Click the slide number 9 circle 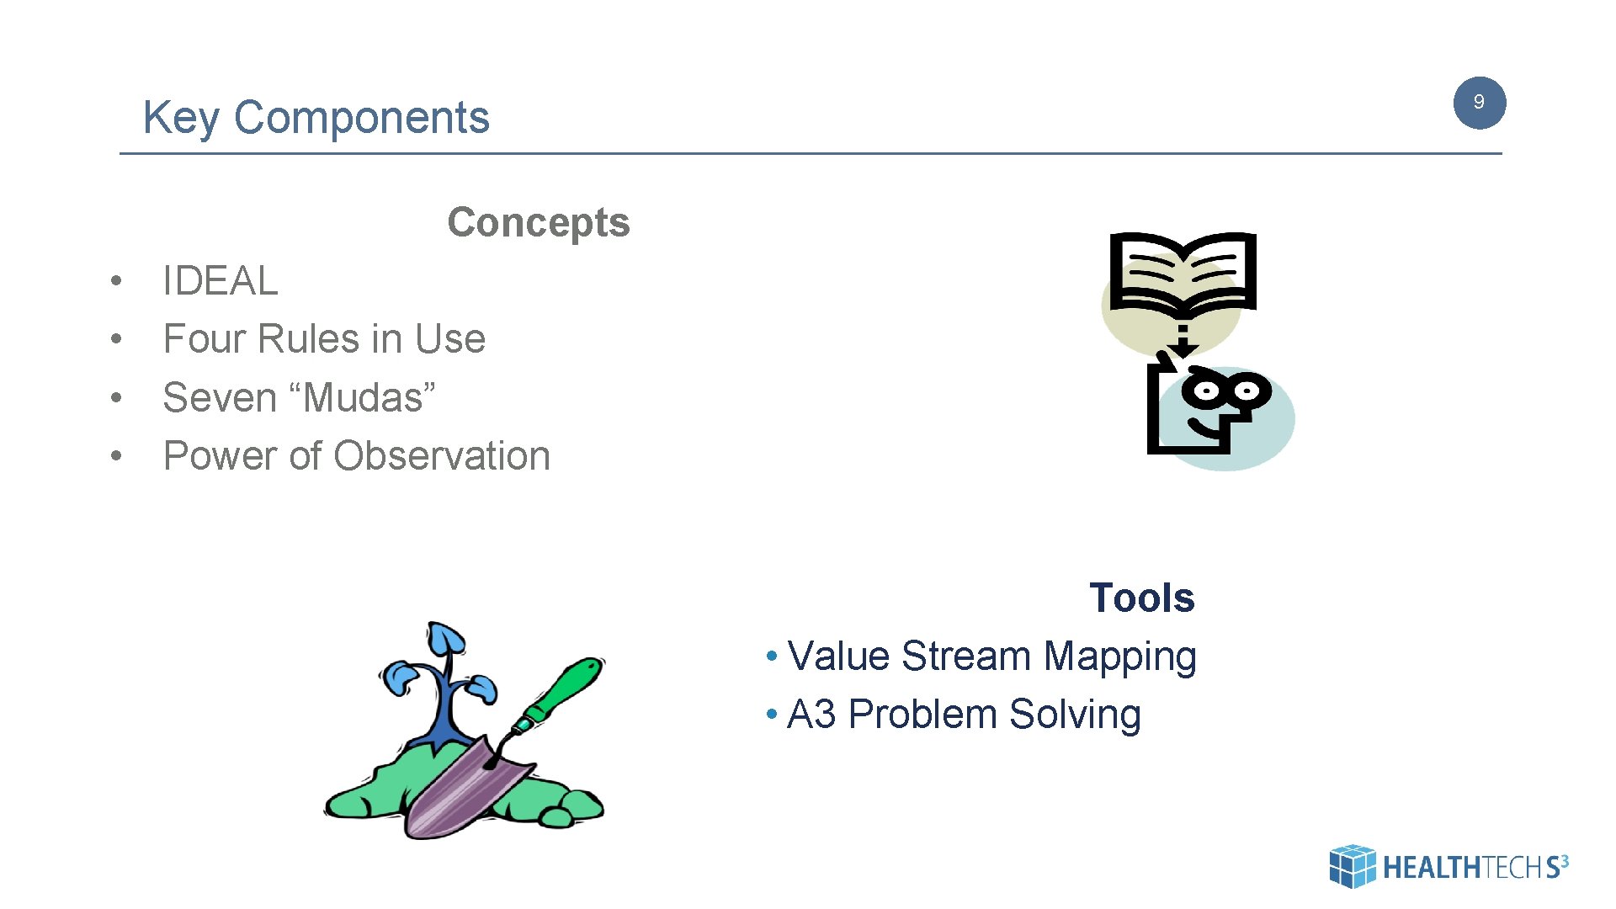pyautogui.click(x=1479, y=103)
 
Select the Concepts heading pyautogui.click(x=538, y=223)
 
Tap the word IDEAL pyautogui.click(x=220, y=281)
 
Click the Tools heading pyautogui.click(x=1141, y=598)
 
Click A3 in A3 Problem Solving pyautogui.click(x=811, y=715)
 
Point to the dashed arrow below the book pyautogui.click(x=1183, y=341)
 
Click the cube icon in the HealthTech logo pyautogui.click(x=1352, y=866)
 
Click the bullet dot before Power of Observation pyautogui.click(x=116, y=456)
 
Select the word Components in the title pyautogui.click(x=361, y=118)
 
